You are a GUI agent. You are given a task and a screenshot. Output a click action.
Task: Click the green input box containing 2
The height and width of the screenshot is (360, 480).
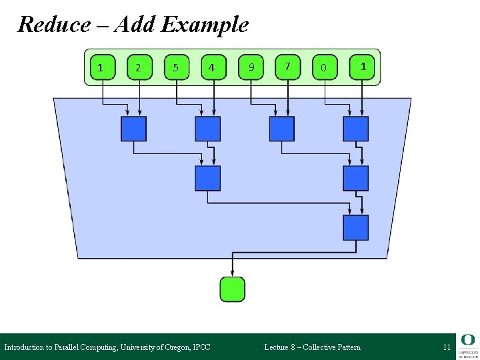[139, 67]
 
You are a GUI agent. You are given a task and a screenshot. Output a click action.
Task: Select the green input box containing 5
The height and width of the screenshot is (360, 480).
[176, 67]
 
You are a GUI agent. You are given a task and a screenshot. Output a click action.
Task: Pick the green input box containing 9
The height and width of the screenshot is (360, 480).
[251, 67]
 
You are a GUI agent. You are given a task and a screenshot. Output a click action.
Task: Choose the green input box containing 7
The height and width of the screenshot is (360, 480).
[287, 67]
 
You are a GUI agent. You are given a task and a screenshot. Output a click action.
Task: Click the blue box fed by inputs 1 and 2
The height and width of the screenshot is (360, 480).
[133, 129]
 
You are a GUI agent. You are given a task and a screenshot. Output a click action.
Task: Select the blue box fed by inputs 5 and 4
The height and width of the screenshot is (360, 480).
[207, 129]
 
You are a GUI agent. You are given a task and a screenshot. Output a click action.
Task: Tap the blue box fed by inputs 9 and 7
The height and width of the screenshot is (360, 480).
[281, 129]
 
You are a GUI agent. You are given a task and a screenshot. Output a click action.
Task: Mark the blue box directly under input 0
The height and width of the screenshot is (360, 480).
[355, 129]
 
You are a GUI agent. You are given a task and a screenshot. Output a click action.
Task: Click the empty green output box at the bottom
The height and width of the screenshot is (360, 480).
[232, 289]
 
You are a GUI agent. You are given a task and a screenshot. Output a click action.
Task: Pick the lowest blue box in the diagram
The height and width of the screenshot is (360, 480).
[355, 227]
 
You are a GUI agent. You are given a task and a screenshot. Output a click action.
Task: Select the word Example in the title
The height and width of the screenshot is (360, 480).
[205, 25]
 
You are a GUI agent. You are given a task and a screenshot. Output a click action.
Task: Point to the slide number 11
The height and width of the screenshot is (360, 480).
[447, 347]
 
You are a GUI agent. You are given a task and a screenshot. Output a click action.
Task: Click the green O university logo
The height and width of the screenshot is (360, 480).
[467, 339]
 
